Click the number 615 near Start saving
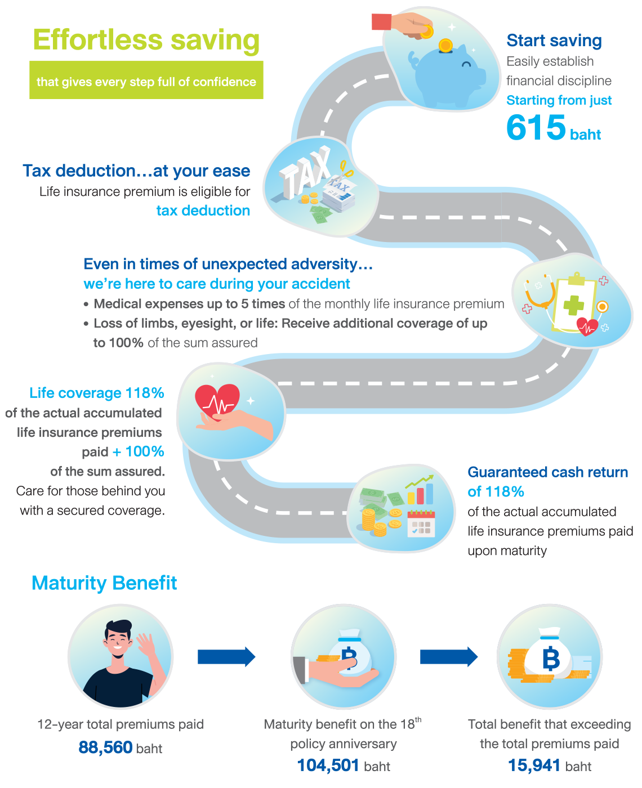536,128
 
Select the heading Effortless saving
146,40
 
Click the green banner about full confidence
146,82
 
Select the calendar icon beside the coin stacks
421,523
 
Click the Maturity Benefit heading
104,583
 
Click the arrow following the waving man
226,657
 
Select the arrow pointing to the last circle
449,657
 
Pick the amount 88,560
105,747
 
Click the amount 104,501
328,765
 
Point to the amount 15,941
534,765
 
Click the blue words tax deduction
203,211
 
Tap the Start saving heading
554,41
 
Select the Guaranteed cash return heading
547,472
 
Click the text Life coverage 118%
96,393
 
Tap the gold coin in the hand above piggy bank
427,31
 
